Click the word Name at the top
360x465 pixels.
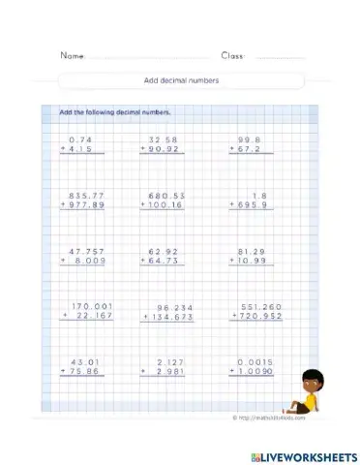tap(73, 55)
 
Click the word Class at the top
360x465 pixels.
tap(233, 55)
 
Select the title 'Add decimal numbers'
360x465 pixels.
tap(179, 80)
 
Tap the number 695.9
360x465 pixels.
tap(253, 205)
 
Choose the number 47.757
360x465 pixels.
tap(85, 251)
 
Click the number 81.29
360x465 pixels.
tap(253, 251)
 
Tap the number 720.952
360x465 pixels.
tap(257, 317)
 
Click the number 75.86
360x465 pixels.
tap(86, 372)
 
